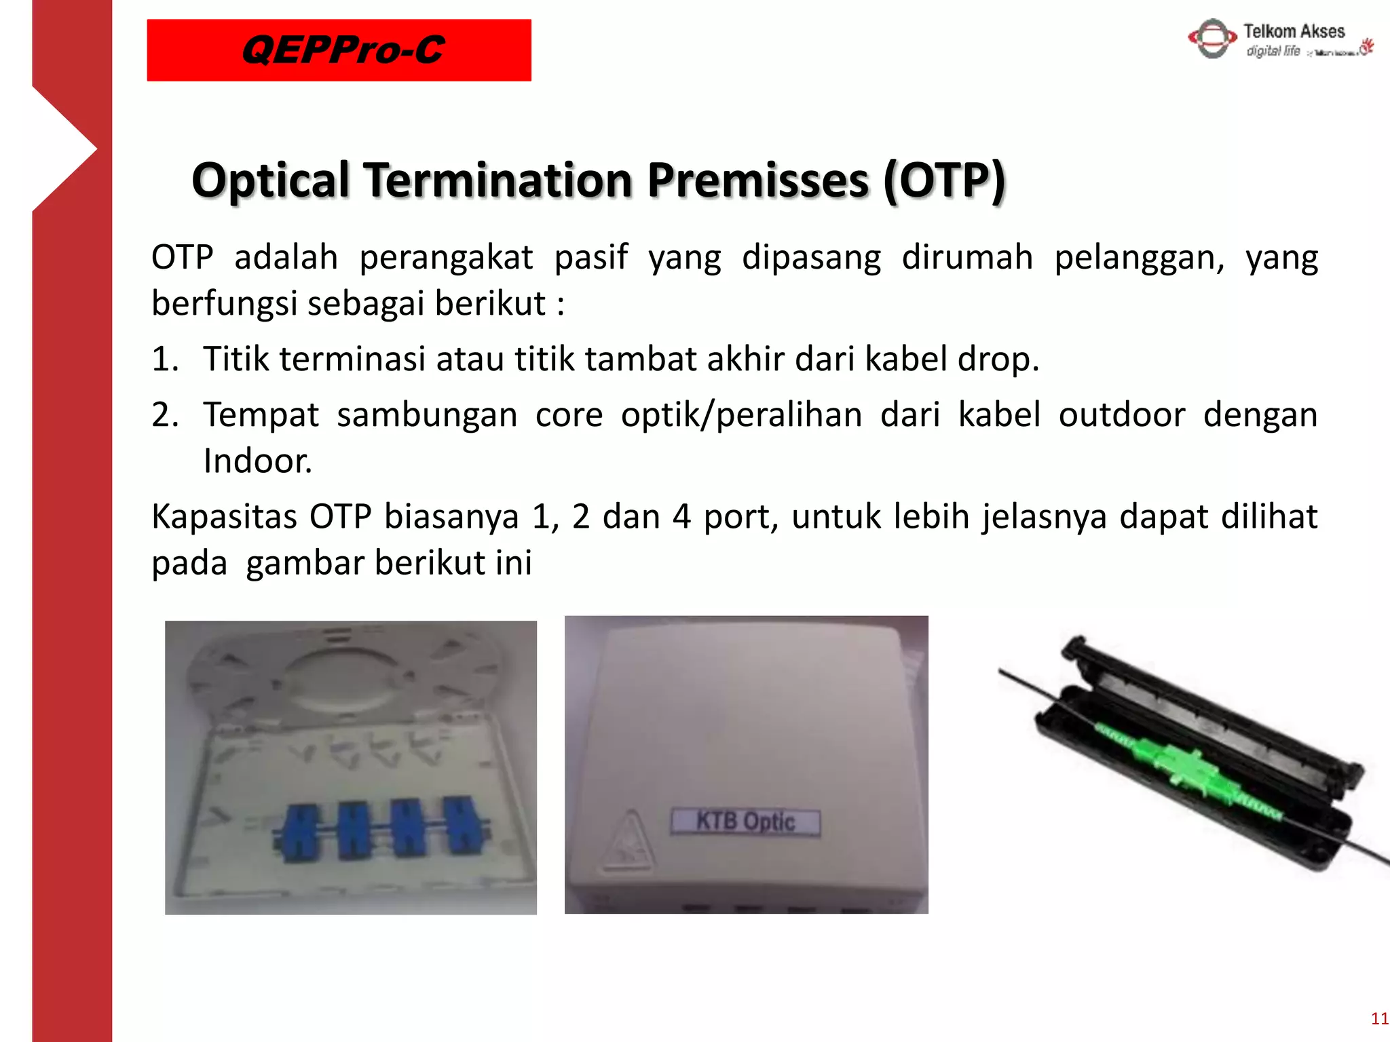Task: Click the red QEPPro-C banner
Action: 339,50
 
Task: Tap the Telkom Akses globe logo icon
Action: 1212,39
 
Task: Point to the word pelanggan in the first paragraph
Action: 1139,258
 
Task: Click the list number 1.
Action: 164,359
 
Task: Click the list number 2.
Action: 164,414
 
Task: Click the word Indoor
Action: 257,461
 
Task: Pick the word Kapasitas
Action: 224,517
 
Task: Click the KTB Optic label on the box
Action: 745,822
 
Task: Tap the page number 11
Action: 1379,1018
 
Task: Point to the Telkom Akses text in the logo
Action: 1294,31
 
